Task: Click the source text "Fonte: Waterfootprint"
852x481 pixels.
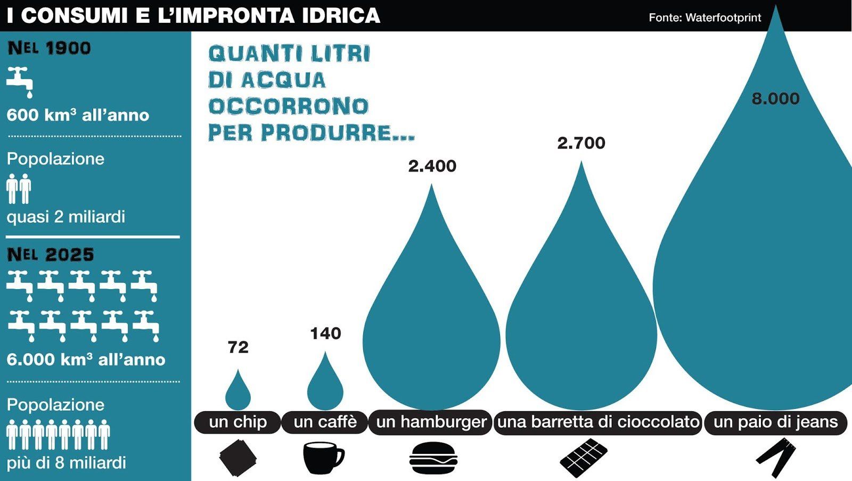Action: tap(705, 18)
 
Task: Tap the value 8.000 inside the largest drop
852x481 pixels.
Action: tap(775, 99)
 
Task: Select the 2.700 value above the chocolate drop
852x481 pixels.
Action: tap(581, 143)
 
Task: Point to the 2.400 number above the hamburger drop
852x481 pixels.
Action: tap(432, 166)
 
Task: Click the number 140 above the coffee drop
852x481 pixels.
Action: tap(325, 334)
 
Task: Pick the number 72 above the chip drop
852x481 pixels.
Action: tap(238, 347)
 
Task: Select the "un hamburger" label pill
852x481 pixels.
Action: tap(431, 422)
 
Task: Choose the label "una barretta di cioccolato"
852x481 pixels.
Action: tap(599, 422)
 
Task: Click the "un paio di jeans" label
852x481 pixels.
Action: tap(776, 422)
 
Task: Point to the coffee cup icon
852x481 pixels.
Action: tap(324, 458)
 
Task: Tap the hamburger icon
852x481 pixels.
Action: tap(433, 458)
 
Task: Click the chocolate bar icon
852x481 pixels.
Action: tap(584, 458)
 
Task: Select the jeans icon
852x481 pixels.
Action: tap(776, 458)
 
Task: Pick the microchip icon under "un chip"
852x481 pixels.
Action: tap(238, 458)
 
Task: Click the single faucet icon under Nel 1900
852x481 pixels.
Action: tap(20, 82)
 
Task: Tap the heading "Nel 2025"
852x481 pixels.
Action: tap(50, 255)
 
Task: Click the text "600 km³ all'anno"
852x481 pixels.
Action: tap(78, 115)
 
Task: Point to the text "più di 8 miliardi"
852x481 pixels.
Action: tap(66, 463)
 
